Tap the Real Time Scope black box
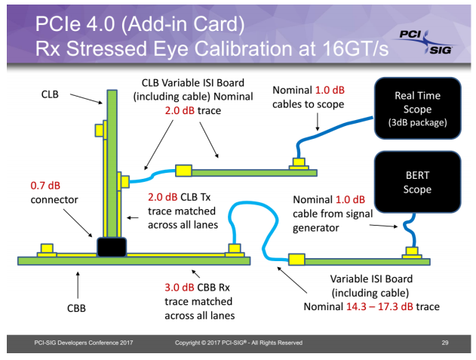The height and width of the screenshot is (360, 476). click(418, 108)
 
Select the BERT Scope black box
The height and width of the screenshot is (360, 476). click(417, 181)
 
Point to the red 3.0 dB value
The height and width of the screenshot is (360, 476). click(180, 288)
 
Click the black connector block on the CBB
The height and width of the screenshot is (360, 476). click(111, 247)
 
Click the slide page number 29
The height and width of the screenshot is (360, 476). click(445, 343)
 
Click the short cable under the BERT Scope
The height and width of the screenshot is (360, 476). click(408, 230)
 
